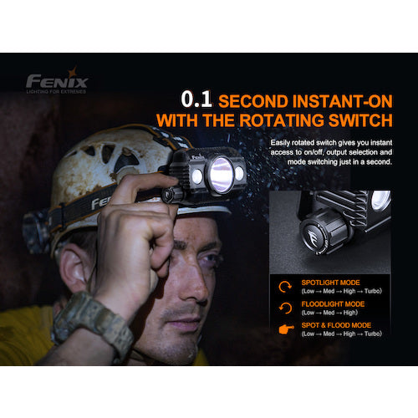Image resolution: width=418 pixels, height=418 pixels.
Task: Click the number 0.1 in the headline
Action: coord(196,101)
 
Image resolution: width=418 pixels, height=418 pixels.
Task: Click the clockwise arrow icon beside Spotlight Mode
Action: coord(283,286)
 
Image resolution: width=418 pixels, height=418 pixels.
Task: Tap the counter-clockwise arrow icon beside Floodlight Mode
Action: coord(283,308)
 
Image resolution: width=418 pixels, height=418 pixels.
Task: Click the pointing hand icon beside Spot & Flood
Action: coord(283,329)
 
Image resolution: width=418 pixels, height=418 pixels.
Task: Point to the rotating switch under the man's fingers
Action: coord(174,194)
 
